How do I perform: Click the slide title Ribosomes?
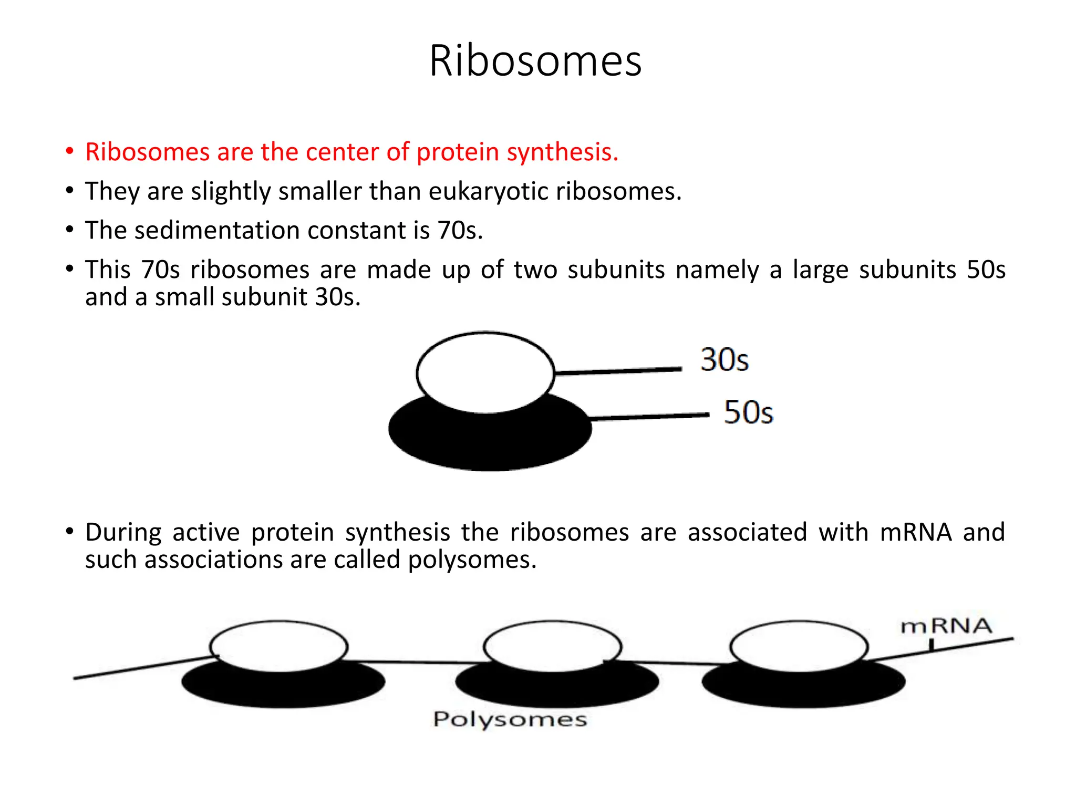click(x=535, y=61)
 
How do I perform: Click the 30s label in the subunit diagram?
click(x=725, y=360)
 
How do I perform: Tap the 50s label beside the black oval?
click(x=748, y=412)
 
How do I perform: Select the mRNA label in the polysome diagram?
click(x=946, y=626)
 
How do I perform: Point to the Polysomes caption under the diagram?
click(x=510, y=719)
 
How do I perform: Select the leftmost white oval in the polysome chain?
click(x=278, y=646)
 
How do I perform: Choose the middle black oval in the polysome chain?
click(x=557, y=688)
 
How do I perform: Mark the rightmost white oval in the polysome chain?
click(x=799, y=646)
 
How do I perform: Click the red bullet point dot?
click(x=69, y=151)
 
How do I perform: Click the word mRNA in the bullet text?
click(x=916, y=532)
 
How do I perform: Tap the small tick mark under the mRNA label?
click(x=932, y=645)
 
